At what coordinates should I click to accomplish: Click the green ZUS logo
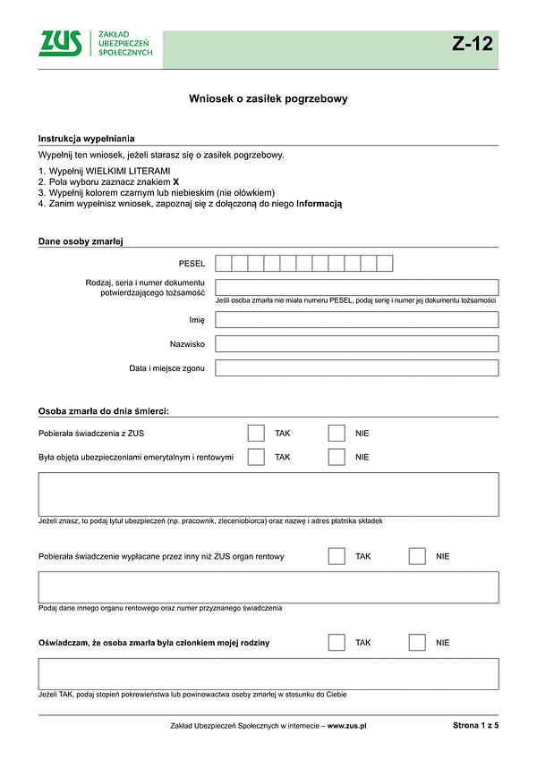coord(60,43)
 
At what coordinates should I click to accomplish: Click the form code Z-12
coord(472,44)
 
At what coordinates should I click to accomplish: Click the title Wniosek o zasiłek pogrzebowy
coord(268,99)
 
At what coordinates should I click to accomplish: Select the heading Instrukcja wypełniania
coord(87,139)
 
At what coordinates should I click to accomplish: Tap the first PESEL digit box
coord(224,263)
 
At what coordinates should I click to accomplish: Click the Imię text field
coord(356,319)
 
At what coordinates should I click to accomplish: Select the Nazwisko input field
coord(356,343)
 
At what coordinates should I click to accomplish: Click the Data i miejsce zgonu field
coord(356,367)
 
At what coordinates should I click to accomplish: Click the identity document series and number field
coord(356,287)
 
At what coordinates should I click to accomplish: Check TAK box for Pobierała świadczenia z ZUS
coord(256,434)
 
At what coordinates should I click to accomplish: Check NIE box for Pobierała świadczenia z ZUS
coord(337,434)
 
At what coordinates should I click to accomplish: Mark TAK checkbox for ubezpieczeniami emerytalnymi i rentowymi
coord(256,457)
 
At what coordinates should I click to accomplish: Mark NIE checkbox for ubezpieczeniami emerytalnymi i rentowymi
coord(337,457)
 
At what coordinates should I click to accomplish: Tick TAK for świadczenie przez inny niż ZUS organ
coord(337,556)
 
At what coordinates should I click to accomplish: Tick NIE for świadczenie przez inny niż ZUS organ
coord(417,556)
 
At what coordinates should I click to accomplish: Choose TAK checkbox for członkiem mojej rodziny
coord(337,642)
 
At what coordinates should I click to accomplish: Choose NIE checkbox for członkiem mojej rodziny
coord(417,642)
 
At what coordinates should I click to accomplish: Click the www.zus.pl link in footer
coord(347,727)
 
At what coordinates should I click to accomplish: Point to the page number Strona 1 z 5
coord(475,727)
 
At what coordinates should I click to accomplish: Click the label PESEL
coord(192,264)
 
